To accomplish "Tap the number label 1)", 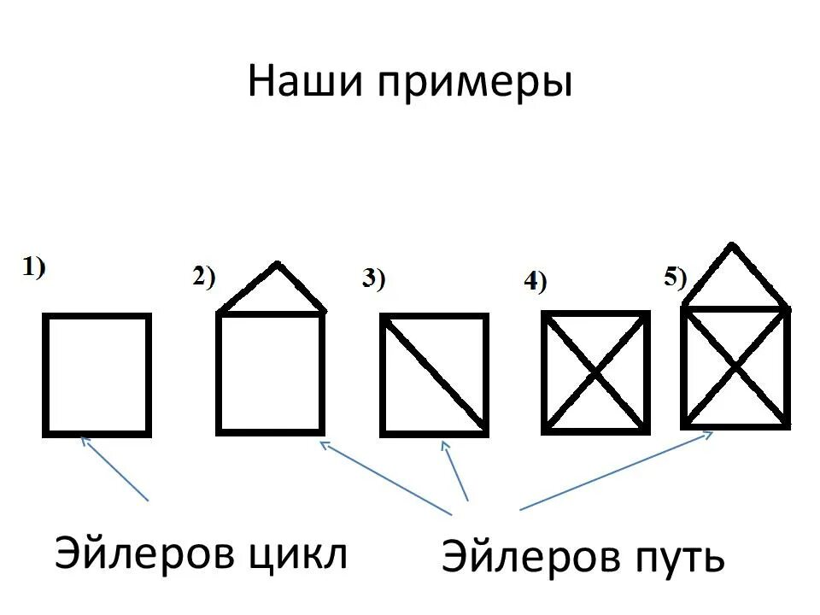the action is (34, 266).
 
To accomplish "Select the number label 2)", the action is (204, 277).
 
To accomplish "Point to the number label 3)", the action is (374, 278).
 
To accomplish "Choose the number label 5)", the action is (675, 277).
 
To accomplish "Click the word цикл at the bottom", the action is (297, 555).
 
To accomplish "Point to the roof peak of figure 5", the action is (734, 248).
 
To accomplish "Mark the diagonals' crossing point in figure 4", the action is (595, 373).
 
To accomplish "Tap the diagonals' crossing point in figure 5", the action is (735, 366).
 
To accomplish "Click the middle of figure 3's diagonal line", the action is (434, 373).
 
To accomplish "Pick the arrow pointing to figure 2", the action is (385, 477).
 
